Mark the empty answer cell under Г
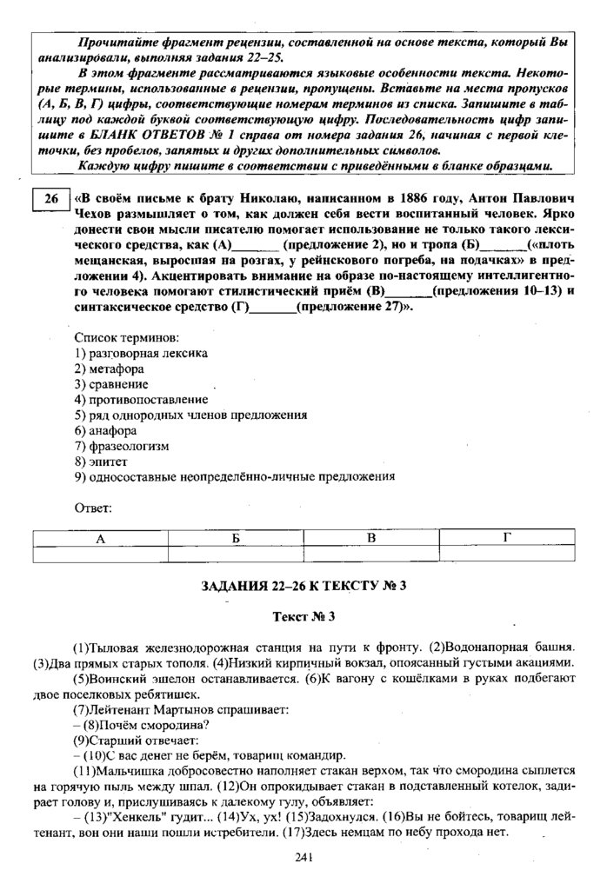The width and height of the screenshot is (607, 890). click(x=507, y=554)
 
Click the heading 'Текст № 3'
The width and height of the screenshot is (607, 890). click(x=303, y=616)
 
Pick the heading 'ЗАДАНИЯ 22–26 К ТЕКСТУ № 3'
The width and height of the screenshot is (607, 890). click(x=303, y=585)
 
